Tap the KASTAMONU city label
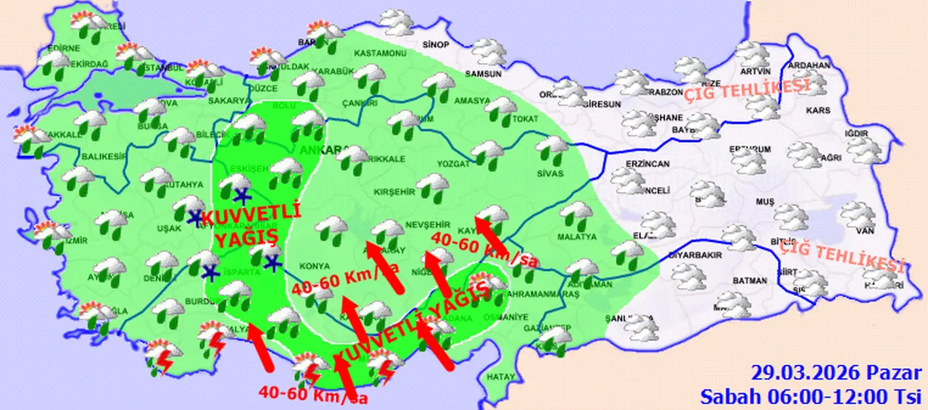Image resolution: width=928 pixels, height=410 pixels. [x=380, y=54]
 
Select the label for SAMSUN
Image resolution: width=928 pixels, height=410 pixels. [x=484, y=74]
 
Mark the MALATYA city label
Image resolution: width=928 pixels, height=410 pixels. [x=577, y=237]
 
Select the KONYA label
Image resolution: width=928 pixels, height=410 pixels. [x=320, y=265]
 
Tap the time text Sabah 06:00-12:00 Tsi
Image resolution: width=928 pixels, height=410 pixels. [x=811, y=396]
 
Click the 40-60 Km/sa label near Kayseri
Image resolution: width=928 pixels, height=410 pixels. [x=484, y=250]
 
